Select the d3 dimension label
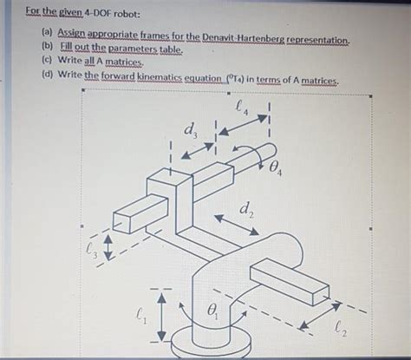click(189, 133)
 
